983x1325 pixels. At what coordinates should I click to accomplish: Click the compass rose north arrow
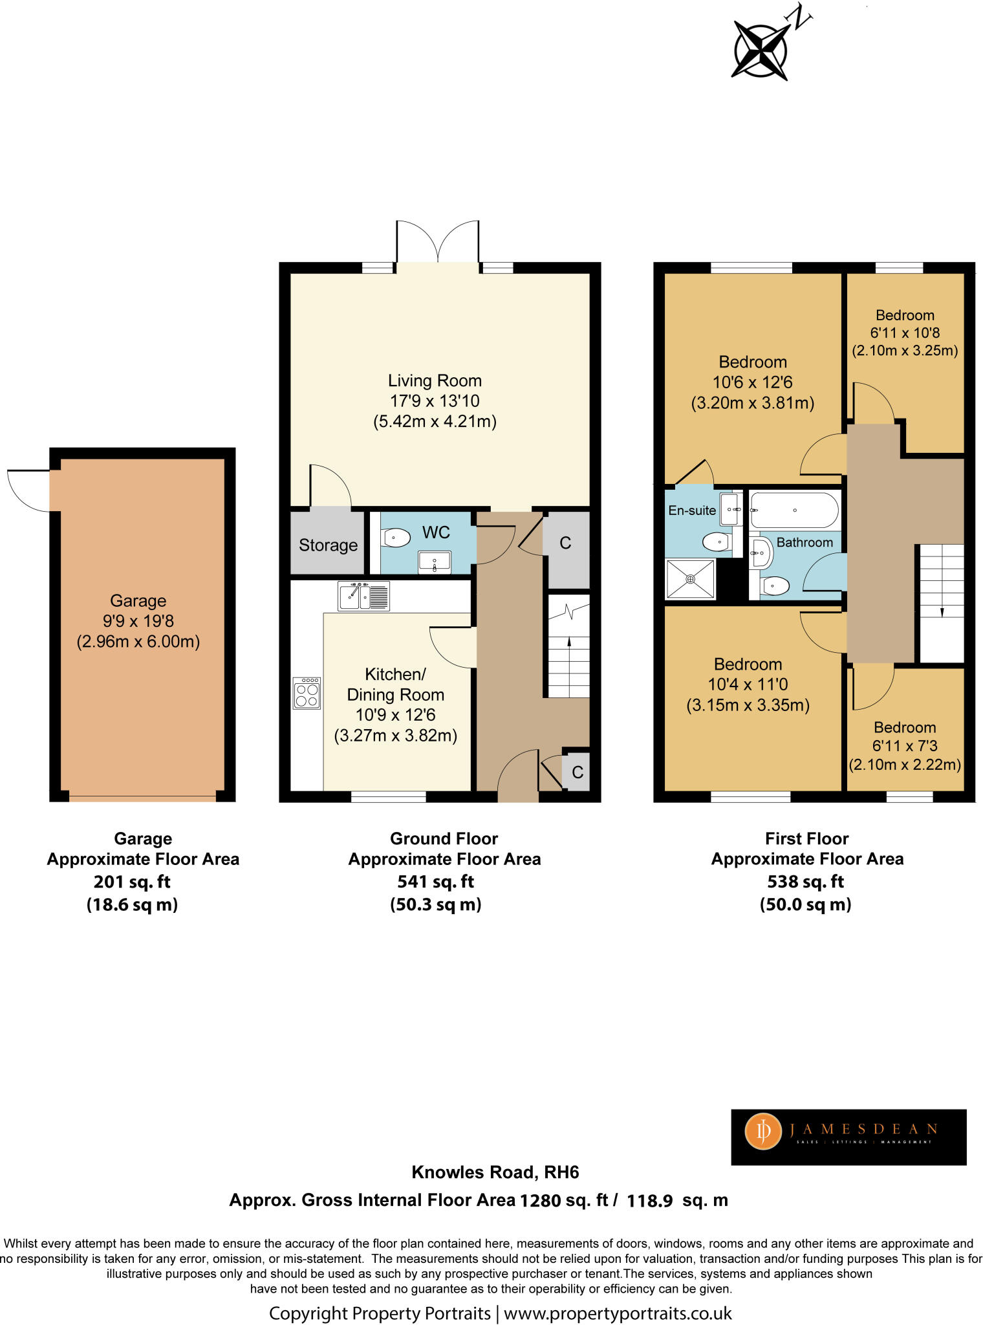coord(761,49)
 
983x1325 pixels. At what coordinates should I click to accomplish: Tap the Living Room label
coord(435,380)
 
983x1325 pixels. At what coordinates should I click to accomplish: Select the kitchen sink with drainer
coord(363,596)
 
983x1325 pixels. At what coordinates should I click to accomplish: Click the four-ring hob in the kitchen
coord(307,694)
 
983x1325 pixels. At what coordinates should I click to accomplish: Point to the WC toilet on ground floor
coord(396,538)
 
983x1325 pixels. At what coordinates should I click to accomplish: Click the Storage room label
coord(328,545)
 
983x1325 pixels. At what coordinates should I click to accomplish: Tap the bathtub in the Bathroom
coord(794,510)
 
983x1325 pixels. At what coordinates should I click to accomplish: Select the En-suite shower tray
coord(691,579)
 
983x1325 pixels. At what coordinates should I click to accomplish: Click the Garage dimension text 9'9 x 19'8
coord(138,621)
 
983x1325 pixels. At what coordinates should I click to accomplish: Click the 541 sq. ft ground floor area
coord(435,881)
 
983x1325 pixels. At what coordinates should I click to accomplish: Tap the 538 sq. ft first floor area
coord(805,881)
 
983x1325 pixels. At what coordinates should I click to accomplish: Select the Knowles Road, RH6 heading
coord(495,1172)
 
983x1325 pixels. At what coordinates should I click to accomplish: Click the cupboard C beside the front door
coord(577,772)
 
